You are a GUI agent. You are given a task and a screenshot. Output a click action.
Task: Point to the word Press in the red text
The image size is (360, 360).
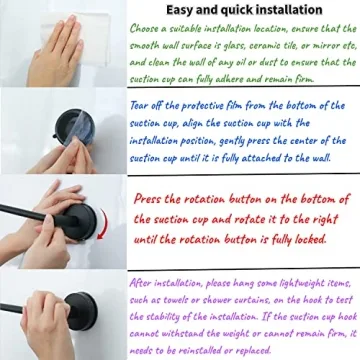(x=152, y=199)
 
